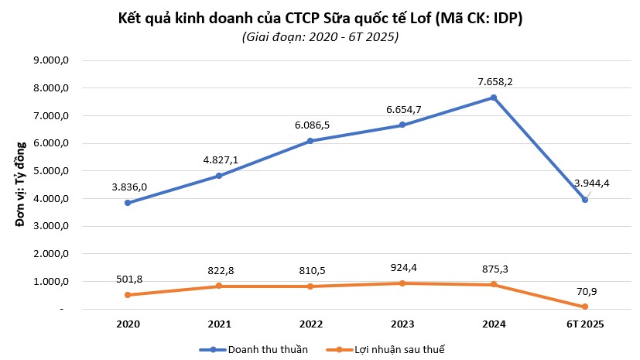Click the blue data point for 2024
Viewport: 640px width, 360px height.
[493, 98]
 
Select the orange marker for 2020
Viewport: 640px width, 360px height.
[127, 295]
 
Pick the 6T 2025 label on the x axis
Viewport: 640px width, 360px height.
[584, 324]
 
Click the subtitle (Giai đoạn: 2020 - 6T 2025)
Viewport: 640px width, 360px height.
[320, 37]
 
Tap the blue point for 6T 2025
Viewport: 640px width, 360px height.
[584, 200]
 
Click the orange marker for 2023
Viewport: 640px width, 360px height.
[402, 283]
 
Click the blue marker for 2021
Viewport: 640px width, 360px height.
[218, 176]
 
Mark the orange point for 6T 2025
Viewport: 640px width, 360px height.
[584, 307]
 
